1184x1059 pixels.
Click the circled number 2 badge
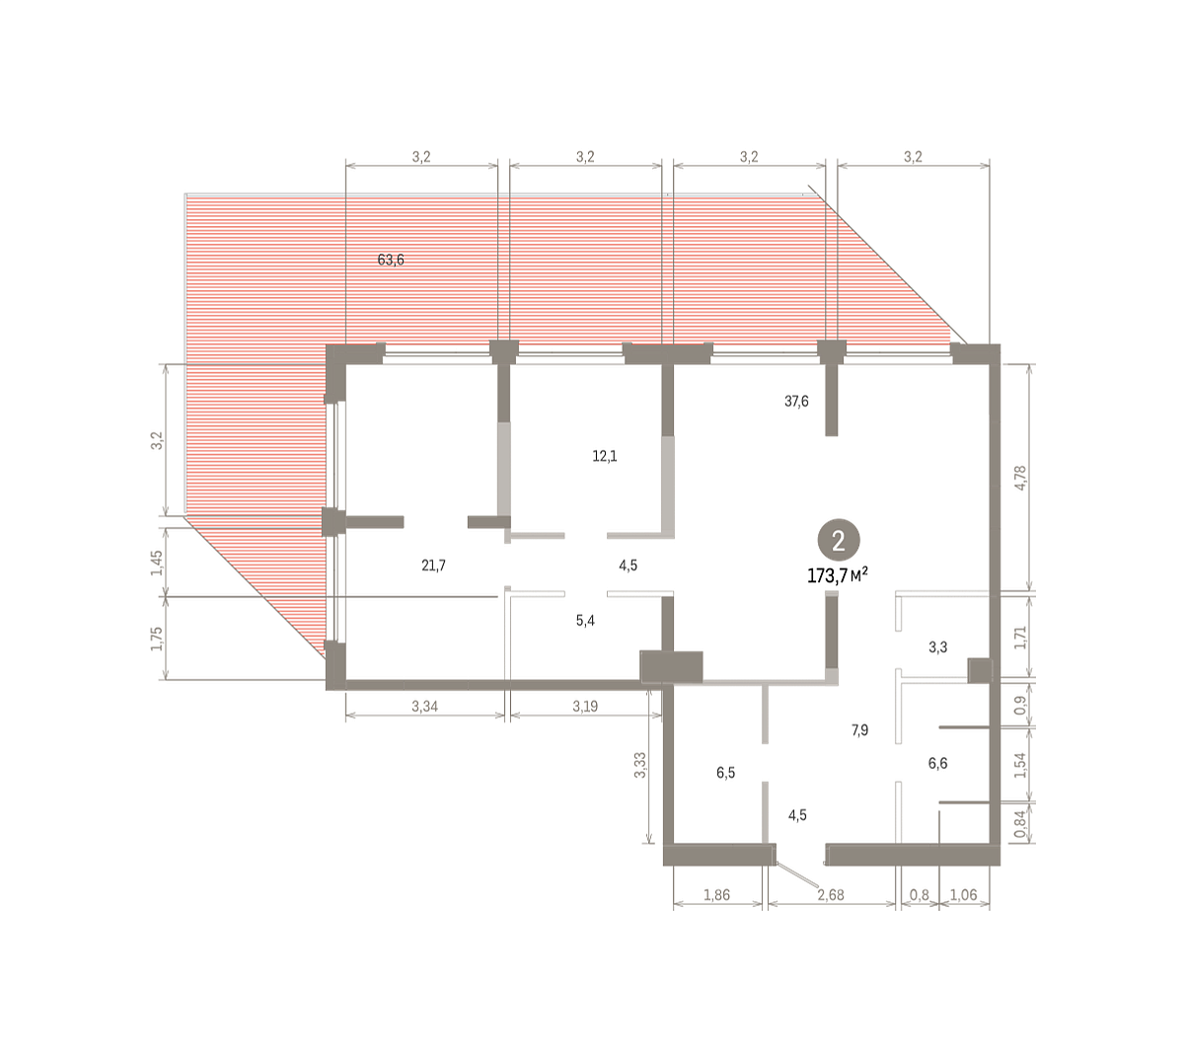tap(838, 542)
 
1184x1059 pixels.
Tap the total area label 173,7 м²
tap(837, 576)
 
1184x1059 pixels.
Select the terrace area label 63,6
tap(391, 260)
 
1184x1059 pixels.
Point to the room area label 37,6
tap(796, 401)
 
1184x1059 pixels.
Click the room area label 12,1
tap(604, 456)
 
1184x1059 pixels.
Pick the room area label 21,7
tap(433, 566)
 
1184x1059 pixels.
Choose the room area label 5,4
tap(585, 621)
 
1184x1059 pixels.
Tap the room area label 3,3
tap(937, 647)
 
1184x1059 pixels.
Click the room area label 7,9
tap(859, 729)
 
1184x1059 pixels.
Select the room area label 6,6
tap(937, 763)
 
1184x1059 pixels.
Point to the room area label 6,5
tap(725, 773)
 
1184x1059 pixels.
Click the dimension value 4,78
tap(1020, 477)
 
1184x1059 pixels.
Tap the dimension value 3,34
tap(424, 707)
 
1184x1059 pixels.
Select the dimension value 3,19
tap(585, 707)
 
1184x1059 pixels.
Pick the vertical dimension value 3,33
tap(640, 765)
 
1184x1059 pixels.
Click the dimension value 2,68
tap(831, 895)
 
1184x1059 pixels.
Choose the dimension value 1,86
tap(716, 895)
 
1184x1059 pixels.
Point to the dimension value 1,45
tap(157, 563)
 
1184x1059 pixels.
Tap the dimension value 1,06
tap(963, 895)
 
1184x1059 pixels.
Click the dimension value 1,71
tap(1020, 638)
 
